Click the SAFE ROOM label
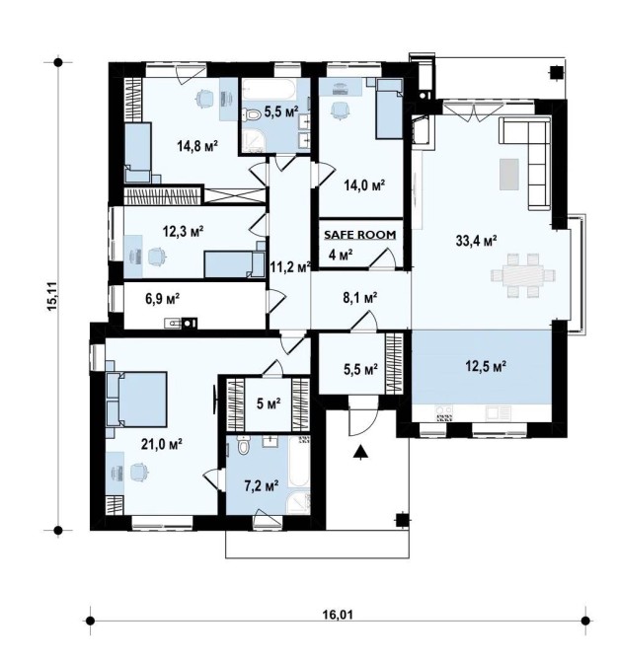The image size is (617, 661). [359, 235]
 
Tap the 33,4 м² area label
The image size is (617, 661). [476, 241]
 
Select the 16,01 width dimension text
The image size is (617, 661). [339, 615]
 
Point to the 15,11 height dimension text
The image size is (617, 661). [53, 296]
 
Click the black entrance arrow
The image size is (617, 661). [360, 452]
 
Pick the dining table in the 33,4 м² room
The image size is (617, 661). [523, 275]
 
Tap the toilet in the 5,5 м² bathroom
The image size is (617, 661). [253, 114]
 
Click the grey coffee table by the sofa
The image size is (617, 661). [509, 174]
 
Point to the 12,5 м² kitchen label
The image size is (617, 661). [486, 366]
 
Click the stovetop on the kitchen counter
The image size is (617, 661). [444, 413]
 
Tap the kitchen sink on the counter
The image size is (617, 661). [499, 412]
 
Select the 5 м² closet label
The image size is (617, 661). [269, 404]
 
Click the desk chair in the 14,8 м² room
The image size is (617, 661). [204, 99]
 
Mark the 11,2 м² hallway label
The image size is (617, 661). [290, 266]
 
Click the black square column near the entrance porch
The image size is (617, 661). [402, 521]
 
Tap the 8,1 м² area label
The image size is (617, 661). [359, 299]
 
